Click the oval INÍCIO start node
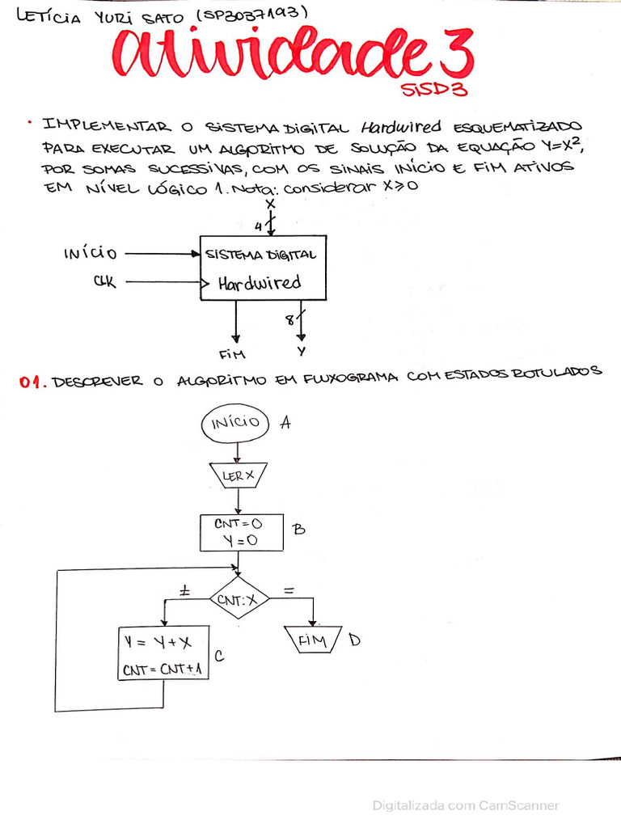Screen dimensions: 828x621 (x=236, y=422)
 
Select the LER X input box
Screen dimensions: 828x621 (x=239, y=476)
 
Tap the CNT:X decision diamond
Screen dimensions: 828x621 (x=240, y=599)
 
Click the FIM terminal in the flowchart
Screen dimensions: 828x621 (x=314, y=641)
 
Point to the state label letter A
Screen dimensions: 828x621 (x=285, y=421)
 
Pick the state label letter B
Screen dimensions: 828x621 (x=298, y=530)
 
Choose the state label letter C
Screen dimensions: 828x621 (x=218, y=657)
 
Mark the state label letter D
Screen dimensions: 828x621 (x=354, y=640)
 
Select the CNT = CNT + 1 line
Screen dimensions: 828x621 (x=163, y=670)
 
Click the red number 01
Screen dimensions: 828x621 (x=32, y=384)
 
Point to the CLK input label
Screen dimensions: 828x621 (x=103, y=282)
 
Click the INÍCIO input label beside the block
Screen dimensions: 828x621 (x=90, y=254)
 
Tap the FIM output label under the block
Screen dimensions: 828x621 (x=232, y=353)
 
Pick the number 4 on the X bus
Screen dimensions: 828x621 (x=259, y=224)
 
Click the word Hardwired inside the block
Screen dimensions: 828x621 (x=259, y=282)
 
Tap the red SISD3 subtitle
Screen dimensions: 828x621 (x=434, y=90)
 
